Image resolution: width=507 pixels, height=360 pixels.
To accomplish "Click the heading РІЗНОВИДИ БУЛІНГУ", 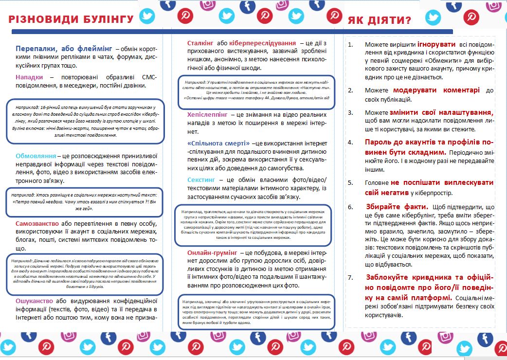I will (x=71, y=19).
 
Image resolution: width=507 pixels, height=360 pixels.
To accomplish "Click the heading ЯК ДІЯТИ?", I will (x=379, y=21).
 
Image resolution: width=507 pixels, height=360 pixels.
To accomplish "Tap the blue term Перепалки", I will (x=38, y=49).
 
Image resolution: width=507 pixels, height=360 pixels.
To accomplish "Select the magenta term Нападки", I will (x=29, y=77).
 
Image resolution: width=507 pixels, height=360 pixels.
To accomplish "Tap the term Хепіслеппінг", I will (x=207, y=114).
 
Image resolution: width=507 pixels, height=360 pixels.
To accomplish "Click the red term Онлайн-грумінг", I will (x=212, y=252).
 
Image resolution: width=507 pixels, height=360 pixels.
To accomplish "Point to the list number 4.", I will (x=351, y=143).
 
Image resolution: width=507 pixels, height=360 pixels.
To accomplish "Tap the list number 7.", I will (x=351, y=277).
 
